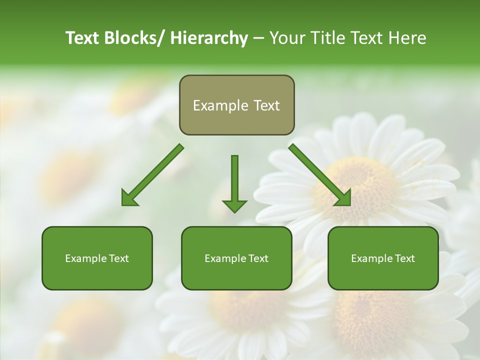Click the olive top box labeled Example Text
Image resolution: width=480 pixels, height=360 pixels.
coord(236,105)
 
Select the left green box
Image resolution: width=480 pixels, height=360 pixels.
coord(97,258)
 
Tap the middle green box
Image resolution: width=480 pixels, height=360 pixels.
coord(236,258)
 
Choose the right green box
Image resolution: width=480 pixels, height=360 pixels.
coord(383,258)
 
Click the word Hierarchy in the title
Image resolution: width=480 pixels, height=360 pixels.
coord(208,38)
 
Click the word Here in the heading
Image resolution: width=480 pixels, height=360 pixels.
coord(407,38)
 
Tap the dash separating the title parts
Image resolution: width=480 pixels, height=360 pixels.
coord(258,38)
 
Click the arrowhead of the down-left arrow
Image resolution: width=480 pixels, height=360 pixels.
coord(128,198)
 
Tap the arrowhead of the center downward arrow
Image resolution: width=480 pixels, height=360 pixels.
coord(234,205)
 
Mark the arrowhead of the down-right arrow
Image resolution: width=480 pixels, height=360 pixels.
coord(343,198)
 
